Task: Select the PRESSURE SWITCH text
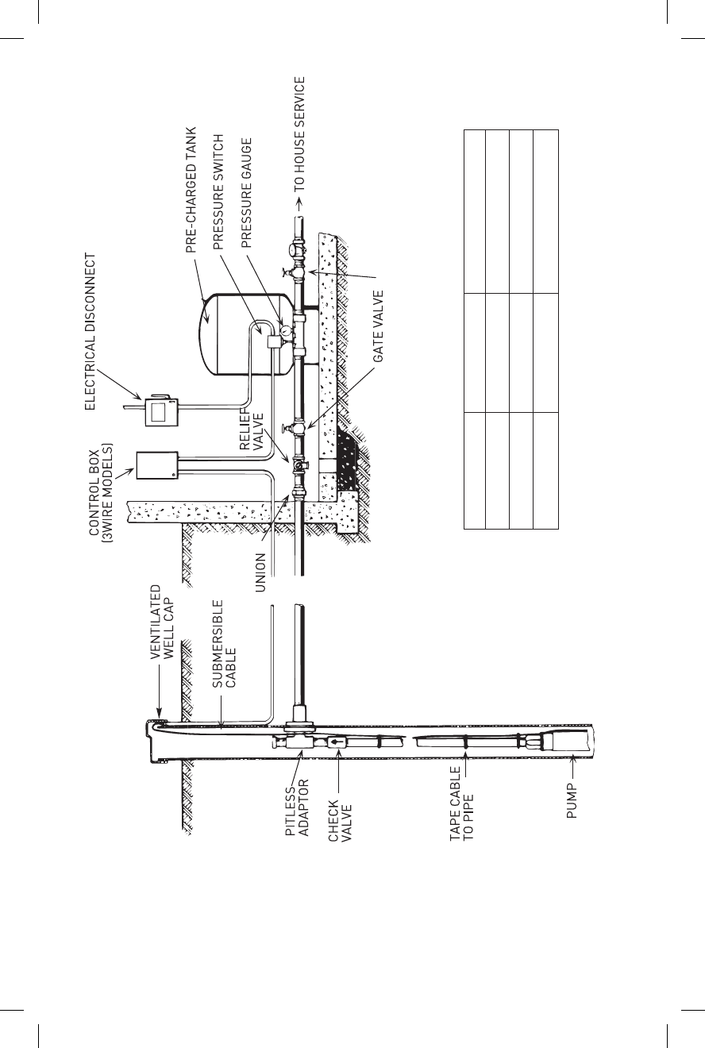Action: [x=220, y=191]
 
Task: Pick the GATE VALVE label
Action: [x=379, y=327]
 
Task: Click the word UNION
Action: [x=260, y=569]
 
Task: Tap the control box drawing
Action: [x=156, y=465]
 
